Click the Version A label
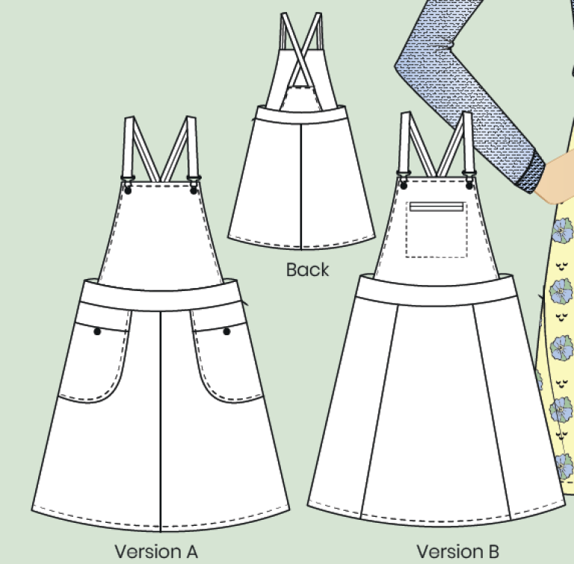coord(156,551)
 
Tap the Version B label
coord(457,551)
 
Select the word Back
coord(307,270)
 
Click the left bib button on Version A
coord(128,191)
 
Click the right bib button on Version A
coord(194,191)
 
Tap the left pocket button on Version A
coord(97,331)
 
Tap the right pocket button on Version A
coord(226,331)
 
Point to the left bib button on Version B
coord(404,186)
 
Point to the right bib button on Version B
coord(469,186)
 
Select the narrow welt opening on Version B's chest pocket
coord(436,206)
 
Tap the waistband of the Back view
coord(301,115)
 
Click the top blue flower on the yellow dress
coord(561,230)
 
